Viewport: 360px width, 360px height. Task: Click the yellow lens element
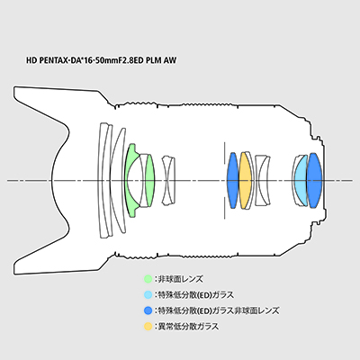pyautogui.click(x=245, y=180)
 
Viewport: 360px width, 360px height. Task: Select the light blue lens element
pyautogui.click(x=301, y=180)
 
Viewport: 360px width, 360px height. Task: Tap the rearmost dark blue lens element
pyautogui.click(x=314, y=180)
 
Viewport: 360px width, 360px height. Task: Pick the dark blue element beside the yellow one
pyautogui.click(x=233, y=180)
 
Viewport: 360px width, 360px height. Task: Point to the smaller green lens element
pyautogui.click(x=149, y=180)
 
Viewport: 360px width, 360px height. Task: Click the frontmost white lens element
pyautogui.click(x=103, y=180)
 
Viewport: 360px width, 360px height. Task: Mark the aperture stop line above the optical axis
pyautogui.click(x=224, y=153)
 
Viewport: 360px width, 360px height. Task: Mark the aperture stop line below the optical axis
pyautogui.click(x=224, y=208)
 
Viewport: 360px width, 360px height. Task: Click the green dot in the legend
pyautogui.click(x=148, y=279)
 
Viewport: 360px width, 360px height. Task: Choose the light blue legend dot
pyautogui.click(x=148, y=295)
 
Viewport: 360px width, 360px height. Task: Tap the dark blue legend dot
pyautogui.click(x=148, y=310)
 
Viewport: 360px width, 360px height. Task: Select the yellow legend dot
pyautogui.click(x=148, y=326)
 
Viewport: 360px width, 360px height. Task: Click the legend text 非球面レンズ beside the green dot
pyautogui.click(x=180, y=279)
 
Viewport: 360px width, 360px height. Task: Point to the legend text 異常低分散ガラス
pyautogui.click(x=188, y=326)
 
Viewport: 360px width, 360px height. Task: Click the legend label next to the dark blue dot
pyautogui.click(x=219, y=310)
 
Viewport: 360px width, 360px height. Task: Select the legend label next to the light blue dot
pyautogui.click(x=195, y=295)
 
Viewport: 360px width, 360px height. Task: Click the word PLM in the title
pyautogui.click(x=153, y=60)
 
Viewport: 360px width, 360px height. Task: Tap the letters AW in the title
pyautogui.click(x=170, y=60)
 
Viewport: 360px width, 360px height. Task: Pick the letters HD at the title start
pyautogui.click(x=31, y=60)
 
